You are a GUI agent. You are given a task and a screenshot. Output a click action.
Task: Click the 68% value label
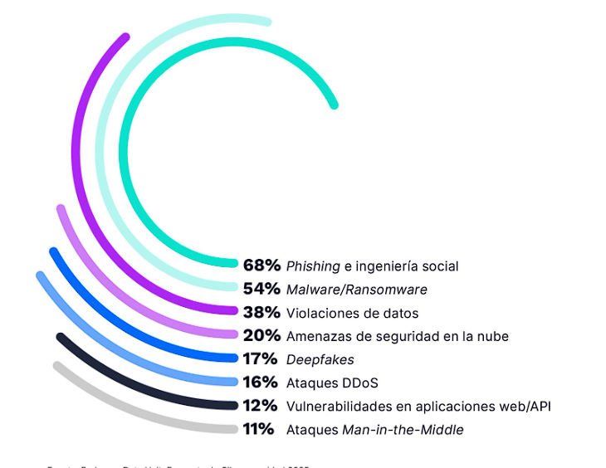[261, 266]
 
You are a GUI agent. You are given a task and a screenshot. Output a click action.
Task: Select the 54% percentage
[261, 289]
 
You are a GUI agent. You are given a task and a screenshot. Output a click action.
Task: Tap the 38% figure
[261, 313]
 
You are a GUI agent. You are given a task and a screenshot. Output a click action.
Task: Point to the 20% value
[261, 336]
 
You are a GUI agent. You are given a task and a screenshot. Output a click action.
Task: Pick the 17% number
[261, 359]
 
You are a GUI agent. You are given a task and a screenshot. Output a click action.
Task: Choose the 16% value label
[261, 383]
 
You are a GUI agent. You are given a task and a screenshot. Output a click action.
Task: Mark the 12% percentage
[261, 406]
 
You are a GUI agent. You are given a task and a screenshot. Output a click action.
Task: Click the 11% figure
[259, 429]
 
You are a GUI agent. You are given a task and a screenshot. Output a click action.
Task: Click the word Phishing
[313, 266]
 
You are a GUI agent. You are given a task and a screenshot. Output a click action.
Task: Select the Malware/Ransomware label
[356, 290]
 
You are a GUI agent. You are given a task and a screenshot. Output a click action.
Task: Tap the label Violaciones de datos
[352, 313]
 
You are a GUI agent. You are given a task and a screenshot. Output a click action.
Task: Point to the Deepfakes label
[320, 359]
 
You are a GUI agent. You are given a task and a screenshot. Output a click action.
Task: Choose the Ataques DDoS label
[332, 383]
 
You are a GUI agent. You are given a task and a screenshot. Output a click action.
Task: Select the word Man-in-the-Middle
[403, 430]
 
